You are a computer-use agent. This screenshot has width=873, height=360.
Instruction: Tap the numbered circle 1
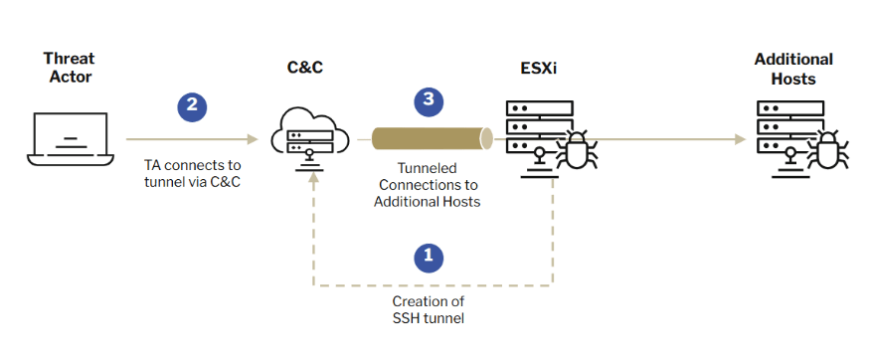(428, 256)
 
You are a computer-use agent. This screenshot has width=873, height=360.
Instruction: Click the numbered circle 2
(191, 105)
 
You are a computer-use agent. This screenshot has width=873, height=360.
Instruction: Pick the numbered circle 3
(428, 99)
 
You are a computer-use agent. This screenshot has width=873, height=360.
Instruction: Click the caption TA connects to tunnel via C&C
(186, 172)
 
